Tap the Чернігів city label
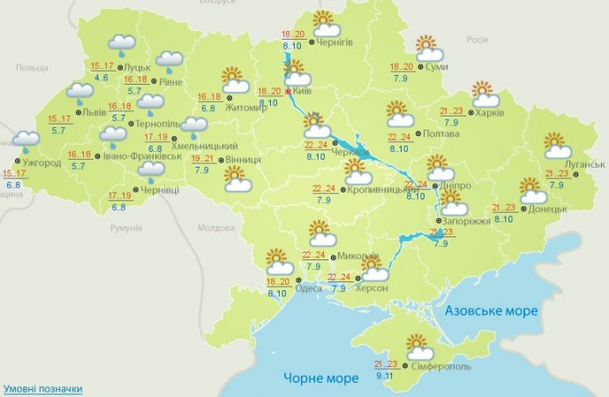(x=341, y=42)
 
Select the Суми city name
(x=434, y=66)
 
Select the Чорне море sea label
(x=320, y=378)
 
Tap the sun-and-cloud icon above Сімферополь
(x=415, y=344)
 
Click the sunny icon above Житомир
(x=234, y=78)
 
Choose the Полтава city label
(x=440, y=135)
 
